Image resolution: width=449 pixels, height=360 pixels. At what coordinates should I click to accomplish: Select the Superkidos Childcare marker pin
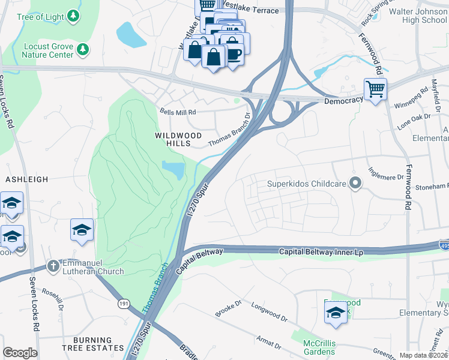point(355,184)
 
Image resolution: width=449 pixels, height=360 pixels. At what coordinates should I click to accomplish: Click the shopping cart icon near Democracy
point(375,89)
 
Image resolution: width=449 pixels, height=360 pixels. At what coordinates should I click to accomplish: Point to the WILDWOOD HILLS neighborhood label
point(181,140)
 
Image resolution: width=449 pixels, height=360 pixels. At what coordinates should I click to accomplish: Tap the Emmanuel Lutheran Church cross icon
point(53,265)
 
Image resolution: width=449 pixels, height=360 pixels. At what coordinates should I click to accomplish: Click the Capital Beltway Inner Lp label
point(321,252)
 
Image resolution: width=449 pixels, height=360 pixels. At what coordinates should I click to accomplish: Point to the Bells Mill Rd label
point(178,112)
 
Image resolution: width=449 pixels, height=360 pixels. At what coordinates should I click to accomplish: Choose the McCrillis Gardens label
point(319,347)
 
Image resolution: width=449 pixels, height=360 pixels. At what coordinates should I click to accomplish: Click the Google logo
point(20,353)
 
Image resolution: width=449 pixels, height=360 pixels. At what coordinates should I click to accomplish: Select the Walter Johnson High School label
point(418,16)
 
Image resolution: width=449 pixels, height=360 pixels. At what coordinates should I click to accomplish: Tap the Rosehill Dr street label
point(53,298)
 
